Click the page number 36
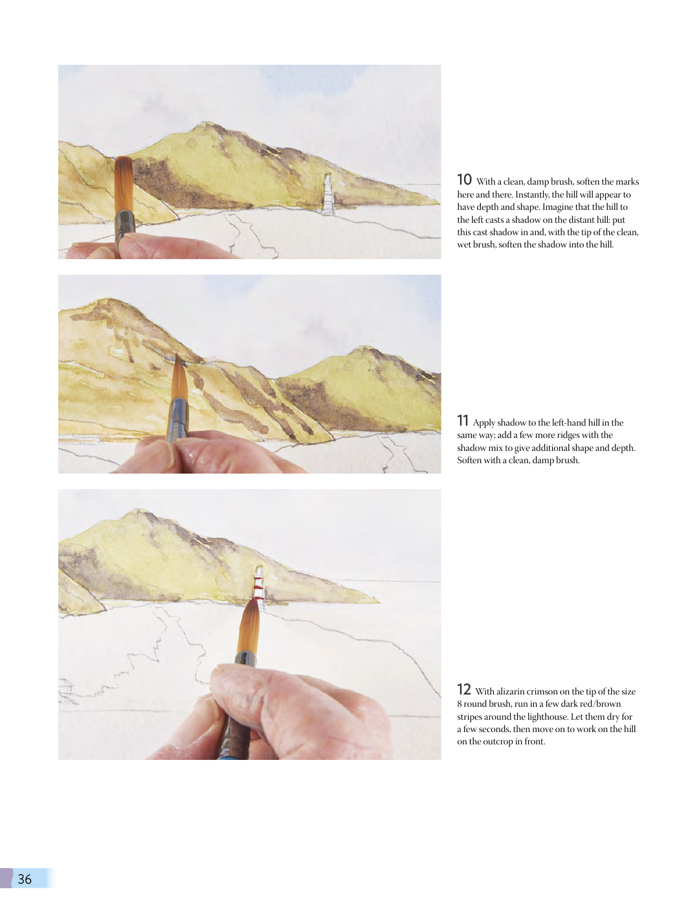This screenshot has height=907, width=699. [x=25, y=878]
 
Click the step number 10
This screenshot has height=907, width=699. [x=464, y=180]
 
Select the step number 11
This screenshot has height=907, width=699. [x=463, y=420]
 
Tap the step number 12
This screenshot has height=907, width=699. [x=463, y=689]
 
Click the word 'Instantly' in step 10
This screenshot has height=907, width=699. [x=532, y=195]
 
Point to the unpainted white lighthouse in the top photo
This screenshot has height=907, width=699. [x=328, y=194]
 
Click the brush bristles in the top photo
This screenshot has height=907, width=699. [x=124, y=183]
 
